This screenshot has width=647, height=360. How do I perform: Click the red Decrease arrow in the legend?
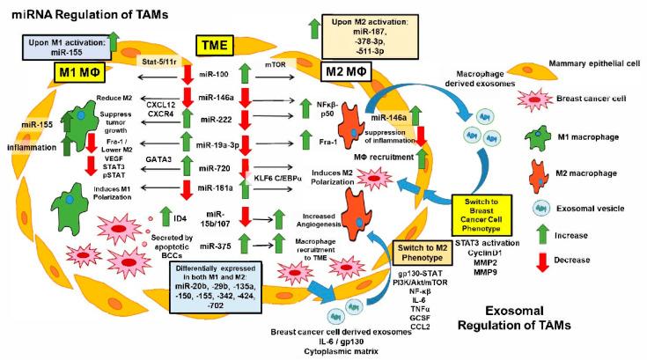pyautogui.click(x=545, y=235)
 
